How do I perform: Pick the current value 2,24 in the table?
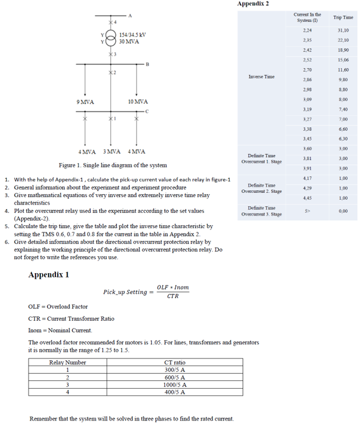[x=308, y=30]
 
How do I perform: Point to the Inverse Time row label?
[x=261, y=77]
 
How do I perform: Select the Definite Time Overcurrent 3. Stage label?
[x=261, y=211]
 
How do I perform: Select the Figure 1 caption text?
[x=113, y=165]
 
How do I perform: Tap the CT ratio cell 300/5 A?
[x=175, y=369]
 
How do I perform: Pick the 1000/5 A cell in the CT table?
[x=175, y=385]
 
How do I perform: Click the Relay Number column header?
[x=68, y=363]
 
